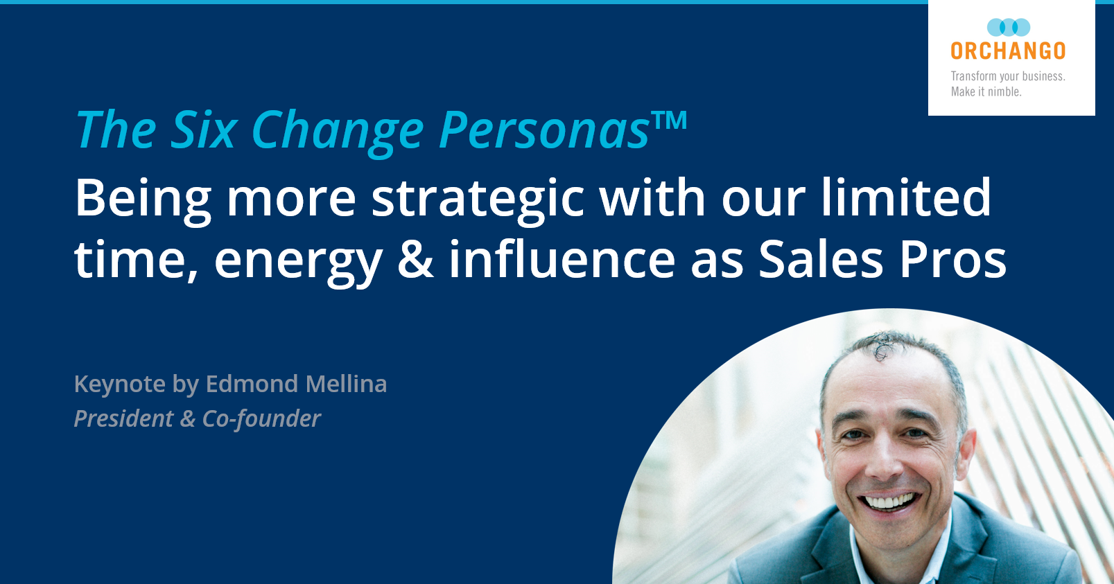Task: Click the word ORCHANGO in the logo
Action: click(x=1008, y=51)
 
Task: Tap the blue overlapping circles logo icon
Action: click(x=1009, y=28)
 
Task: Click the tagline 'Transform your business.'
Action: click(x=1008, y=76)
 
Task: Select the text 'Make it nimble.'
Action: click(x=986, y=91)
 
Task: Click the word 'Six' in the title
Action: click(x=204, y=130)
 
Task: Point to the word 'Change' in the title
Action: click(x=338, y=130)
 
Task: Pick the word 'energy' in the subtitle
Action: click(x=298, y=261)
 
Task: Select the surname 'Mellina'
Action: click(x=346, y=384)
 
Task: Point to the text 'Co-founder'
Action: click(x=261, y=418)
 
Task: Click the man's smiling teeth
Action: click(x=889, y=501)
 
